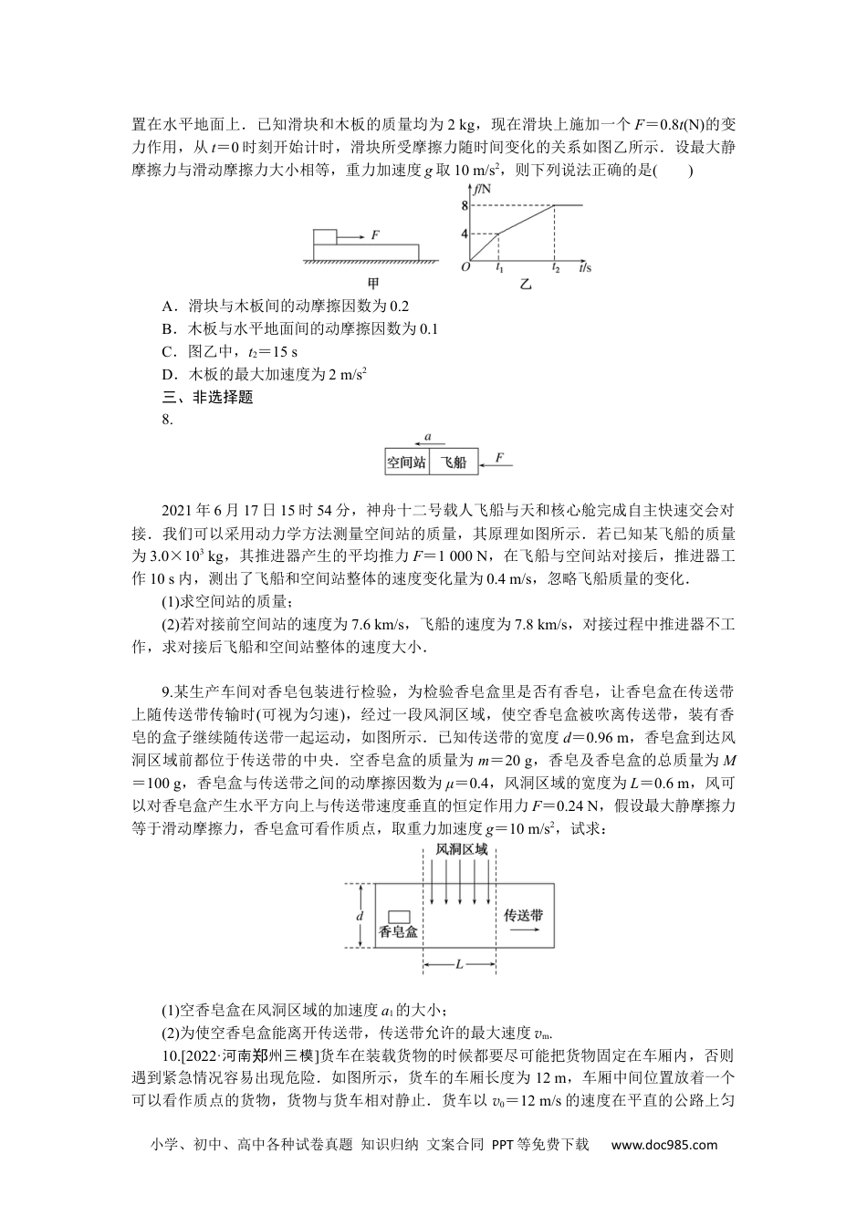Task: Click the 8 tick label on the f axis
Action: point(465,206)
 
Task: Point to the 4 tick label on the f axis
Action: point(465,234)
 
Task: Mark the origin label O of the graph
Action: point(465,267)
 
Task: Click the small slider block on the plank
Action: point(325,237)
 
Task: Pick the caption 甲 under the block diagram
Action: point(371,283)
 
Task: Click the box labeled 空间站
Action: point(406,462)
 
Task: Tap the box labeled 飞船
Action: point(454,462)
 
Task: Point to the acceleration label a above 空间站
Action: point(428,438)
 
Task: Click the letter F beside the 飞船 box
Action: point(498,456)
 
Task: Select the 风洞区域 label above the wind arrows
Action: point(461,848)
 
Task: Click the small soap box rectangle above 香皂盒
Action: point(398,915)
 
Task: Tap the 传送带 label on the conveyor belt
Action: point(523,914)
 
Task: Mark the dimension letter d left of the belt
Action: point(360,915)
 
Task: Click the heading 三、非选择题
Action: point(207,397)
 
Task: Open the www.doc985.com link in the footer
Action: point(663,1146)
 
